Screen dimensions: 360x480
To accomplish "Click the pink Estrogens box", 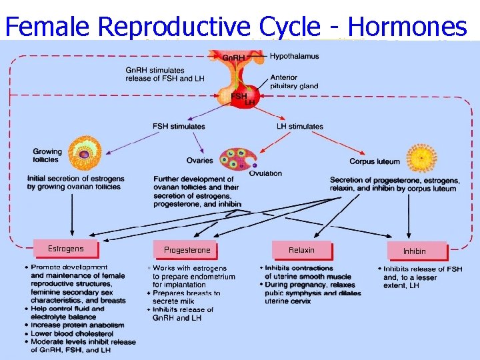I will pos(66,249).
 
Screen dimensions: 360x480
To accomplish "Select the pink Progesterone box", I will pos(187,250).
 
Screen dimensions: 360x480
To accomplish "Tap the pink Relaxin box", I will pos(301,250).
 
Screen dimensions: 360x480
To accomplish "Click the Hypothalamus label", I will pos(294,57).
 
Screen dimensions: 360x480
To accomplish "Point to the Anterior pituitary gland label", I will pos(294,82).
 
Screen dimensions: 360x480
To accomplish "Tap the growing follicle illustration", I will pos(84,152).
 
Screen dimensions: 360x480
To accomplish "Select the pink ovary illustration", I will pos(237,159).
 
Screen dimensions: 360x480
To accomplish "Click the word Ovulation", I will pos(265,173).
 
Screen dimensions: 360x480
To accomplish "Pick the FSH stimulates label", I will pos(179,127).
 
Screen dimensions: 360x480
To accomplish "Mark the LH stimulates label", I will pos(300,127).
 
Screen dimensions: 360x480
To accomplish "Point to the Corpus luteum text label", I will pos(375,161).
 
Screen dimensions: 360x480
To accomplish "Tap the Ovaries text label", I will pos(200,161).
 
